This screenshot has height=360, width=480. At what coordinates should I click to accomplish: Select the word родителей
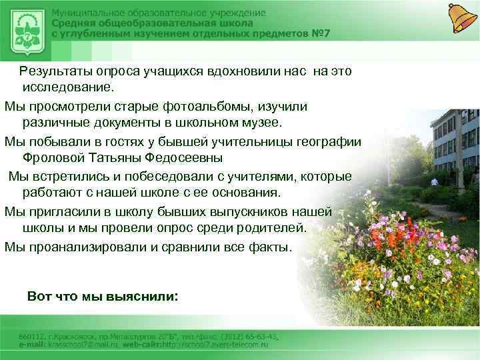268,228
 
